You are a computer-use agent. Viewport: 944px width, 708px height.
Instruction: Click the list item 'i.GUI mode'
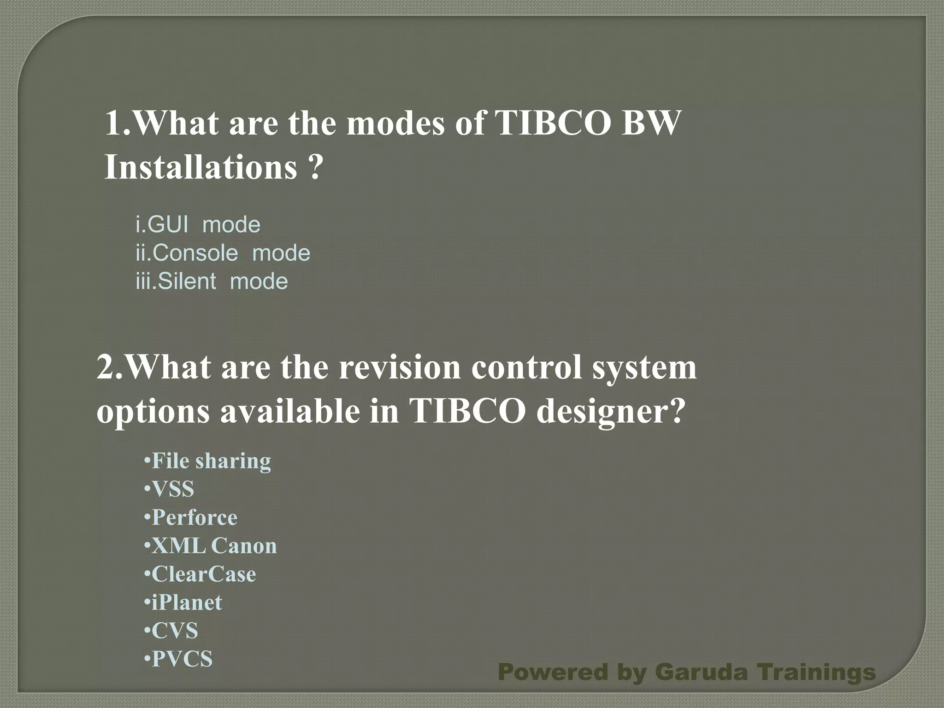tap(198, 225)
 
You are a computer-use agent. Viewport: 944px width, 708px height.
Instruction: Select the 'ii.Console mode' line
tap(223, 253)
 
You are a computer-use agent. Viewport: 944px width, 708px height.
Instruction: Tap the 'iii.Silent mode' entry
tap(212, 281)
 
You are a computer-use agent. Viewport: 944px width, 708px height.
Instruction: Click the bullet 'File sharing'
tap(207, 461)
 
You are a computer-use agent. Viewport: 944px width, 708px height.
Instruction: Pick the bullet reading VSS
tap(169, 489)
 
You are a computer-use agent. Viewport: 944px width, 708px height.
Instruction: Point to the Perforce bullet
tap(191, 517)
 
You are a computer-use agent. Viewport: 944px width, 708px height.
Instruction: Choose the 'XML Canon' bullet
tap(211, 546)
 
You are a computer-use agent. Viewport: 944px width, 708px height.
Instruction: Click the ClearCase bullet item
tap(200, 574)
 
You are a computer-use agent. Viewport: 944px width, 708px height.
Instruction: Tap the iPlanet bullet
tap(183, 602)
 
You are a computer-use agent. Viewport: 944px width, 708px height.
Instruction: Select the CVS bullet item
tap(171, 631)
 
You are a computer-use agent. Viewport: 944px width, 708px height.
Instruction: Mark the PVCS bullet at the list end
tap(178, 659)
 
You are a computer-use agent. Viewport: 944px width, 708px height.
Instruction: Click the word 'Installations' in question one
tap(201, 167)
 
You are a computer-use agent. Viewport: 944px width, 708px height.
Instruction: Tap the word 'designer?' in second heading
tap(609, 411)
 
